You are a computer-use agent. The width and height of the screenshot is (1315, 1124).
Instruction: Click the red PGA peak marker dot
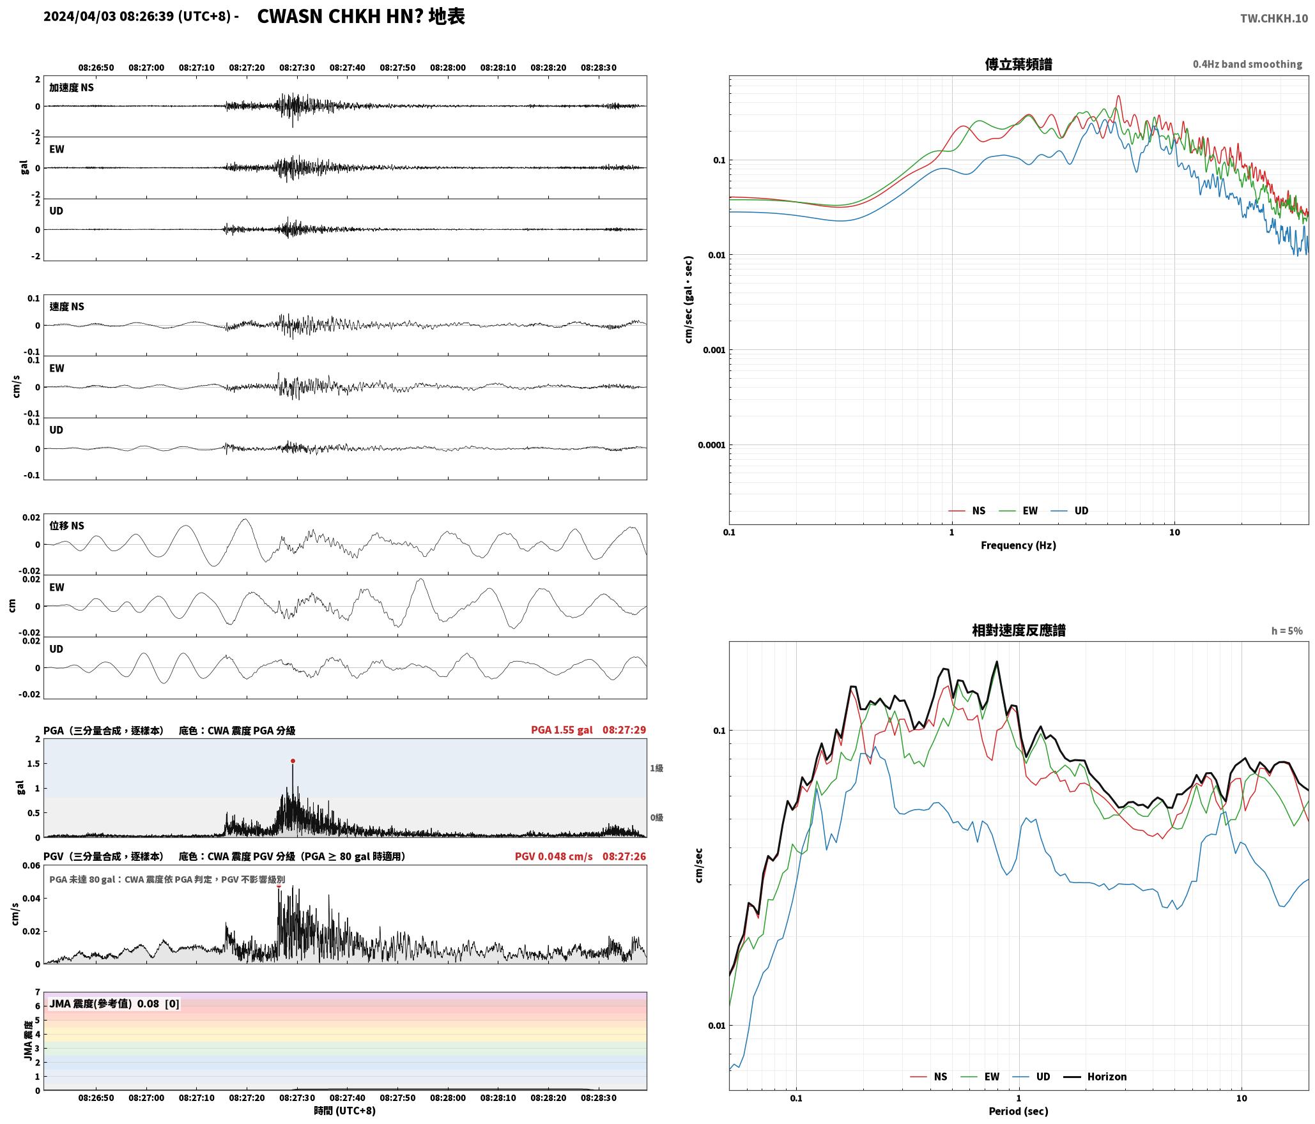(x=293, y=761)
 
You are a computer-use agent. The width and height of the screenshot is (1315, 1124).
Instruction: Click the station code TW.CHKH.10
(x=1274, y=19)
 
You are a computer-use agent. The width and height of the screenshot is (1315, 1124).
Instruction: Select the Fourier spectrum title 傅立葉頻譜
(x=1019, y=64)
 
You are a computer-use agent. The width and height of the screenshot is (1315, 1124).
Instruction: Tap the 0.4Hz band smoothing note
(x=1247, y=64)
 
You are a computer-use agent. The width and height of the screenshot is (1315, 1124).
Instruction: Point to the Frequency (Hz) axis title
(x=1019, y=545)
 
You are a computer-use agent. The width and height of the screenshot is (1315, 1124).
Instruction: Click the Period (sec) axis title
(x=1019, y=1111)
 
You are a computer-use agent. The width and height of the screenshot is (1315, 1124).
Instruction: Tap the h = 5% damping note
(x=1286, y=630)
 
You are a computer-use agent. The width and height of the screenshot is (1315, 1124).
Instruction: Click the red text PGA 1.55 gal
(x=562, y=729)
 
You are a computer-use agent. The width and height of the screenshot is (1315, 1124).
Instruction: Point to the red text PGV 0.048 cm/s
(x=553, y=856)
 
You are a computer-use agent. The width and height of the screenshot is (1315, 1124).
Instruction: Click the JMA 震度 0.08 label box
(x=114, y=1003)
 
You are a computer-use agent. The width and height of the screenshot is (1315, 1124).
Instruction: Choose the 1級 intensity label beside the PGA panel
(x=656, y=768)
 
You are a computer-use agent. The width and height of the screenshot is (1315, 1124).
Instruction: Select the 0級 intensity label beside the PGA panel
(x=656, y=817)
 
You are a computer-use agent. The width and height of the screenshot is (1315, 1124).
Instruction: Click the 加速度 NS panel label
(x=72, y=87)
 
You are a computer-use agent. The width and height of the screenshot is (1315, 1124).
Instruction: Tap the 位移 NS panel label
(x=66, y=526)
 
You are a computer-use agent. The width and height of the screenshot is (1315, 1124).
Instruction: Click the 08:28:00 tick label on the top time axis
(x=447, y=67)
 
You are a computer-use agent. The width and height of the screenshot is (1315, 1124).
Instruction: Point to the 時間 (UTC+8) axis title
(x=345, y=1111)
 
